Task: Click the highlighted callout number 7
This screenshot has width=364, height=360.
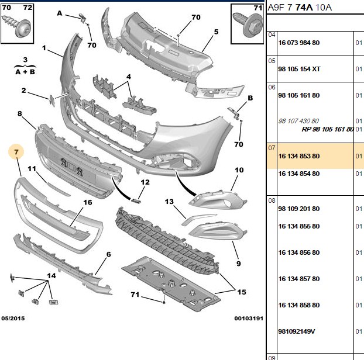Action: [16, 152]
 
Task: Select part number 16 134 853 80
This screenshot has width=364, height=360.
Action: [299, 156]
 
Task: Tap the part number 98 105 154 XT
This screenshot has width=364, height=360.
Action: [299, 69]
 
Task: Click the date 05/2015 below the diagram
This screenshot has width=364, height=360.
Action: [13, 319]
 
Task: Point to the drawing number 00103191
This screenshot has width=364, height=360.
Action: [249, 319]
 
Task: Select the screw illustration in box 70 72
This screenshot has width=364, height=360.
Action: [16, 26]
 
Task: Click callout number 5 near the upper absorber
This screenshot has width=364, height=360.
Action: [216, 32]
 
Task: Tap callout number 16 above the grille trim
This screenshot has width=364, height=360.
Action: [88, 202]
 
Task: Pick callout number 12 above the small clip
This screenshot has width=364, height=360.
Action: [145, 182]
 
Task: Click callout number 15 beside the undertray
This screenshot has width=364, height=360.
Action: [242, 292]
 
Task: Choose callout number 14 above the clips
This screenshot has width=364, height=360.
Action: [51, 276]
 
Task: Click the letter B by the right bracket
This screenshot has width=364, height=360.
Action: [250, 98]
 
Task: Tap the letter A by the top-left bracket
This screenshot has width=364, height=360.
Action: [60, 13]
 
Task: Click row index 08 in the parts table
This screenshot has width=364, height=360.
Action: [272, 200]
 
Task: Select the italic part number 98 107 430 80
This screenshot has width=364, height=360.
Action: [298, 121]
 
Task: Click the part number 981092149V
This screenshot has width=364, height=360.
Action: [297, 331]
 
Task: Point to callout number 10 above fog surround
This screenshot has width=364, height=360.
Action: [239, 170]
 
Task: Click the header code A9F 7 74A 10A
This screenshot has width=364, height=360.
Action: [300, 8]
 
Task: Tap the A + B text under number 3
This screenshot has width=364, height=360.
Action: [25, 72]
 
